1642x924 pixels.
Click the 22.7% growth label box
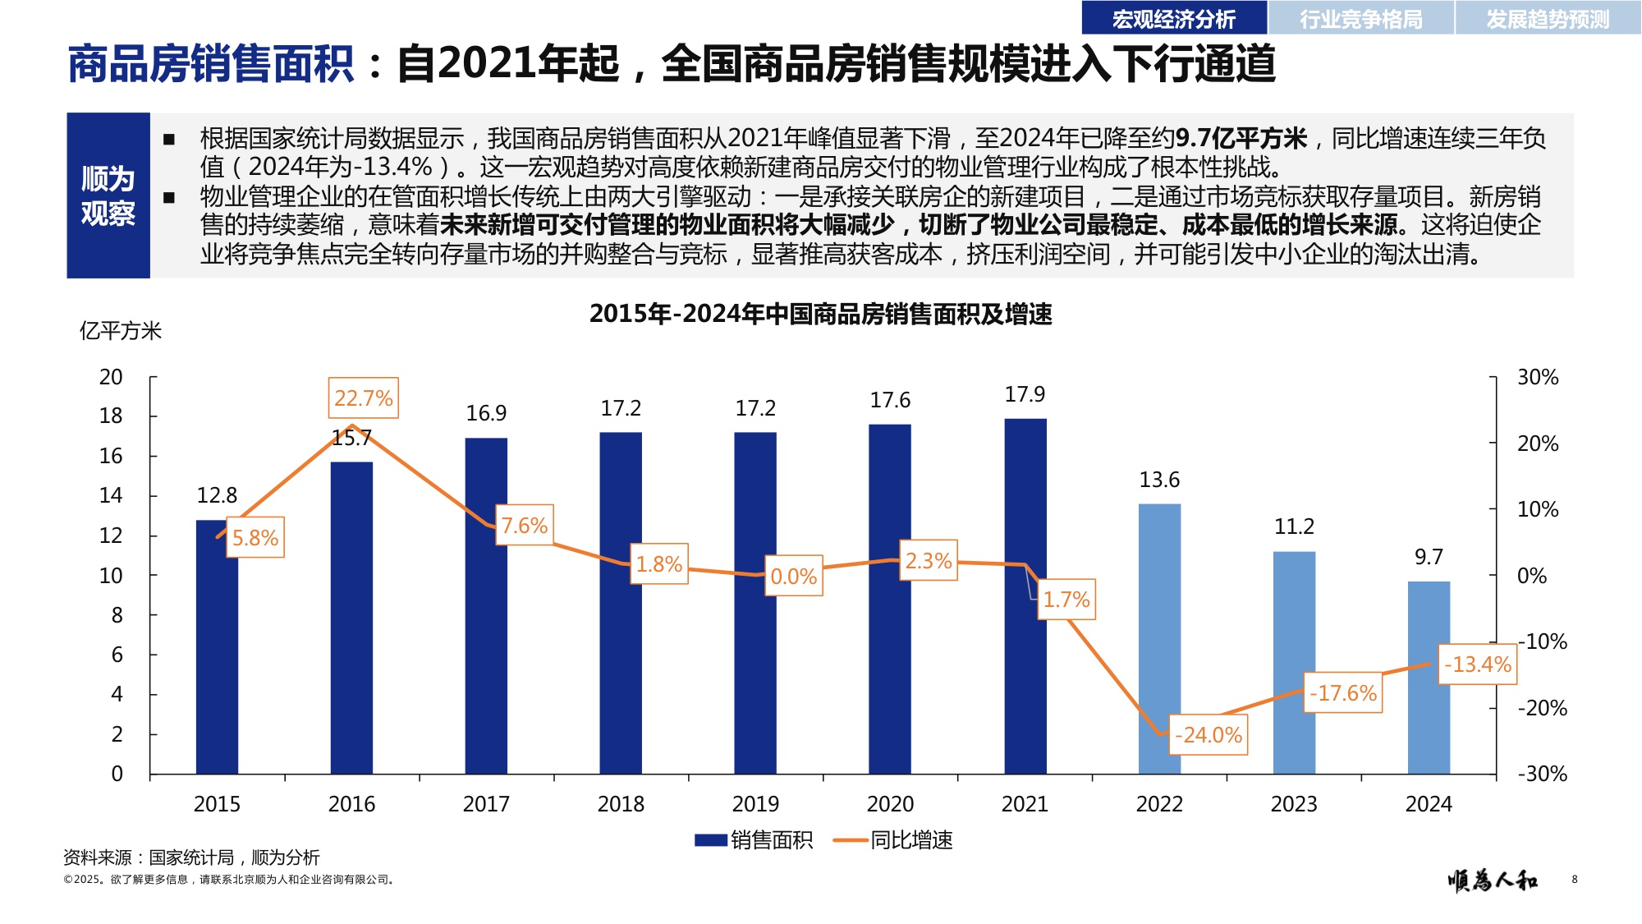(363, 398)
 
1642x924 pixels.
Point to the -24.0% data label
(1208, 735)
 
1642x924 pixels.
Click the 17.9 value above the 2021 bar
(1025, 395)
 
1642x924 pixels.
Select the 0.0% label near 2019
(793, 577)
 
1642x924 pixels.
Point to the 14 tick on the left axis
(111, 495)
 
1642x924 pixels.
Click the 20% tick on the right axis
(1537, 444)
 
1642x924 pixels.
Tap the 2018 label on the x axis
(621, 804)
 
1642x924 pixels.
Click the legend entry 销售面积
(754, 840)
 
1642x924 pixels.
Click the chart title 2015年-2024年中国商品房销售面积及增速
(820, 314)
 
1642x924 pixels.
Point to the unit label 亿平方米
(120, 331)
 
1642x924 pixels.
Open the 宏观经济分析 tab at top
(1173, 18)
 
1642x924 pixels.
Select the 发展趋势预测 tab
(1548, 18)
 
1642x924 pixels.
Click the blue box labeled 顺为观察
(108, 195)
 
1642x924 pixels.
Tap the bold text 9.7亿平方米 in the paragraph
(1240, 138)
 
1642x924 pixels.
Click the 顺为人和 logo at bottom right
(1492, 880)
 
